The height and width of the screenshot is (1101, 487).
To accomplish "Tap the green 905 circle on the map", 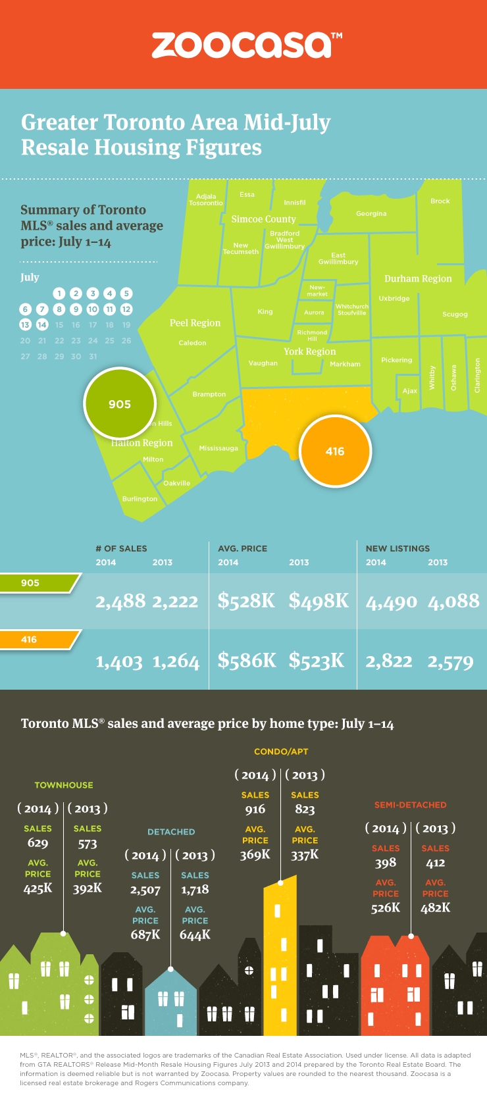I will tap(120, 404).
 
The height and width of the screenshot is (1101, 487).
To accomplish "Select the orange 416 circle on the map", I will tap(335, 451).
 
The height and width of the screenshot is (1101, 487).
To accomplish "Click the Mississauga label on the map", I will tap(218, 448).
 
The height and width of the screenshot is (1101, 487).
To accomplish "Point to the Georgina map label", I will tap(371, 214).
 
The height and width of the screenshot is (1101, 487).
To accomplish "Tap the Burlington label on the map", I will tap(140, 499).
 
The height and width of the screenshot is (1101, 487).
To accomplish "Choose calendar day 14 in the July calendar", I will tap(42, 324).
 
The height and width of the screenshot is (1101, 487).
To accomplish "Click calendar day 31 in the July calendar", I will tap(93, 356).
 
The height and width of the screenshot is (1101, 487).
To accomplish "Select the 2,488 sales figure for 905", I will tap(120, 601).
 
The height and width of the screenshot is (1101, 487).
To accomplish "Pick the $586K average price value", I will tap(247, 660).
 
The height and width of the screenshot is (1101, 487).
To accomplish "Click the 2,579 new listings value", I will tap(450, 661).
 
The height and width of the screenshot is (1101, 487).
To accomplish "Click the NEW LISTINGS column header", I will tap(397, 548).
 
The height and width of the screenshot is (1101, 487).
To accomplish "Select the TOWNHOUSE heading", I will tap(64, 785).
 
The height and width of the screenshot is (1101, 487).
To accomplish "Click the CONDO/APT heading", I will tap(281, 752).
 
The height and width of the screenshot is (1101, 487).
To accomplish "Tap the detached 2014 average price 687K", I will tap(145, 935).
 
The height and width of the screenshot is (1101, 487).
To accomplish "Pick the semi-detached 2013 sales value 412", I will tap(435, 863).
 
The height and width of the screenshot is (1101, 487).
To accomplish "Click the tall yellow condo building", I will tap(280, 961).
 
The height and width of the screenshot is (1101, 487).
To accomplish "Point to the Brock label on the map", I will tap(440, 201).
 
